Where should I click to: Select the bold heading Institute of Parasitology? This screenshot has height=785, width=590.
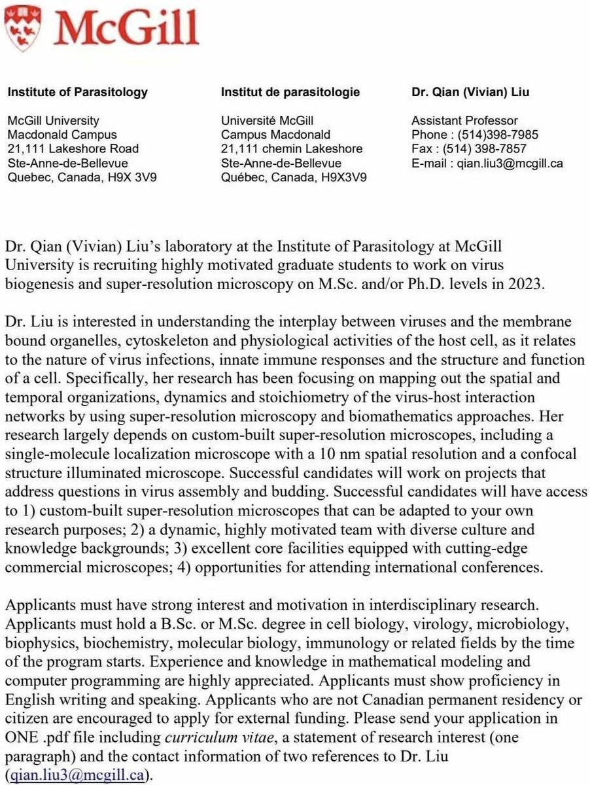tap(77, 92)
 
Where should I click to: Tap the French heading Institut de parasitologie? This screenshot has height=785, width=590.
tap(290, 92)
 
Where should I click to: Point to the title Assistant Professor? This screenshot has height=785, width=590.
tap(464, 120)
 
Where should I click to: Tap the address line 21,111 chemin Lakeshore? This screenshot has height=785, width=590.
tap(292, 149)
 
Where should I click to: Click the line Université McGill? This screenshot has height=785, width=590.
tap(268, 120)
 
